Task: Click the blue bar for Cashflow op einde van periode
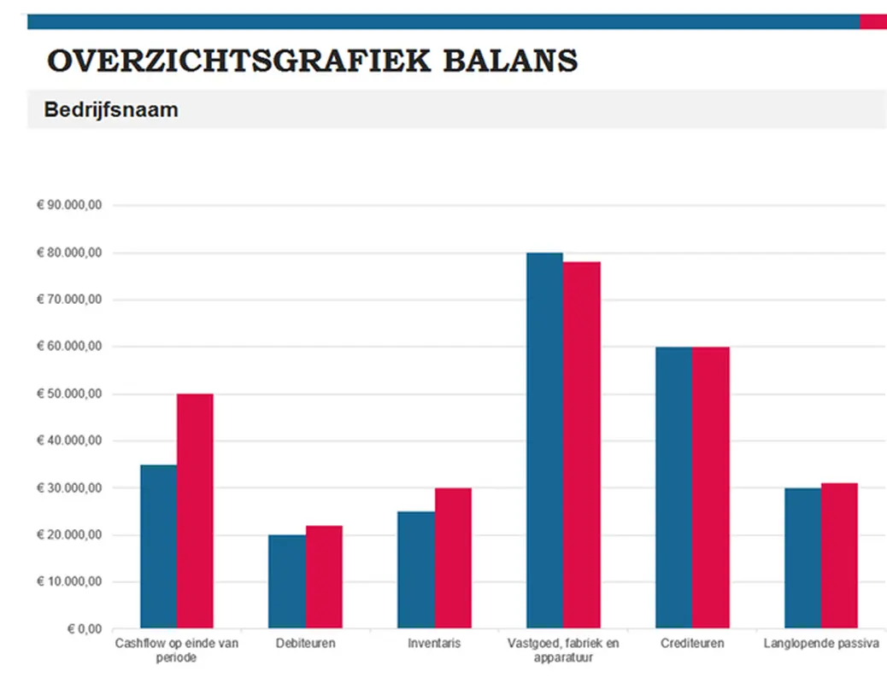(158, 546)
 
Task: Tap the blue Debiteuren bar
(287, 581)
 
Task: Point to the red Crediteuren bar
(711, 487)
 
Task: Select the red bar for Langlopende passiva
(839, 556)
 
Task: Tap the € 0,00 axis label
(85, 629)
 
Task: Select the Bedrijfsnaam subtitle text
(111, 110)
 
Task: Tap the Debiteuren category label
(305, 643)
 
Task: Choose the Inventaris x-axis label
(434, 643)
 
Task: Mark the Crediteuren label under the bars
(692, 643)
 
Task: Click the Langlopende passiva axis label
(820, 643)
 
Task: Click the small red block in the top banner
(872, 22)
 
